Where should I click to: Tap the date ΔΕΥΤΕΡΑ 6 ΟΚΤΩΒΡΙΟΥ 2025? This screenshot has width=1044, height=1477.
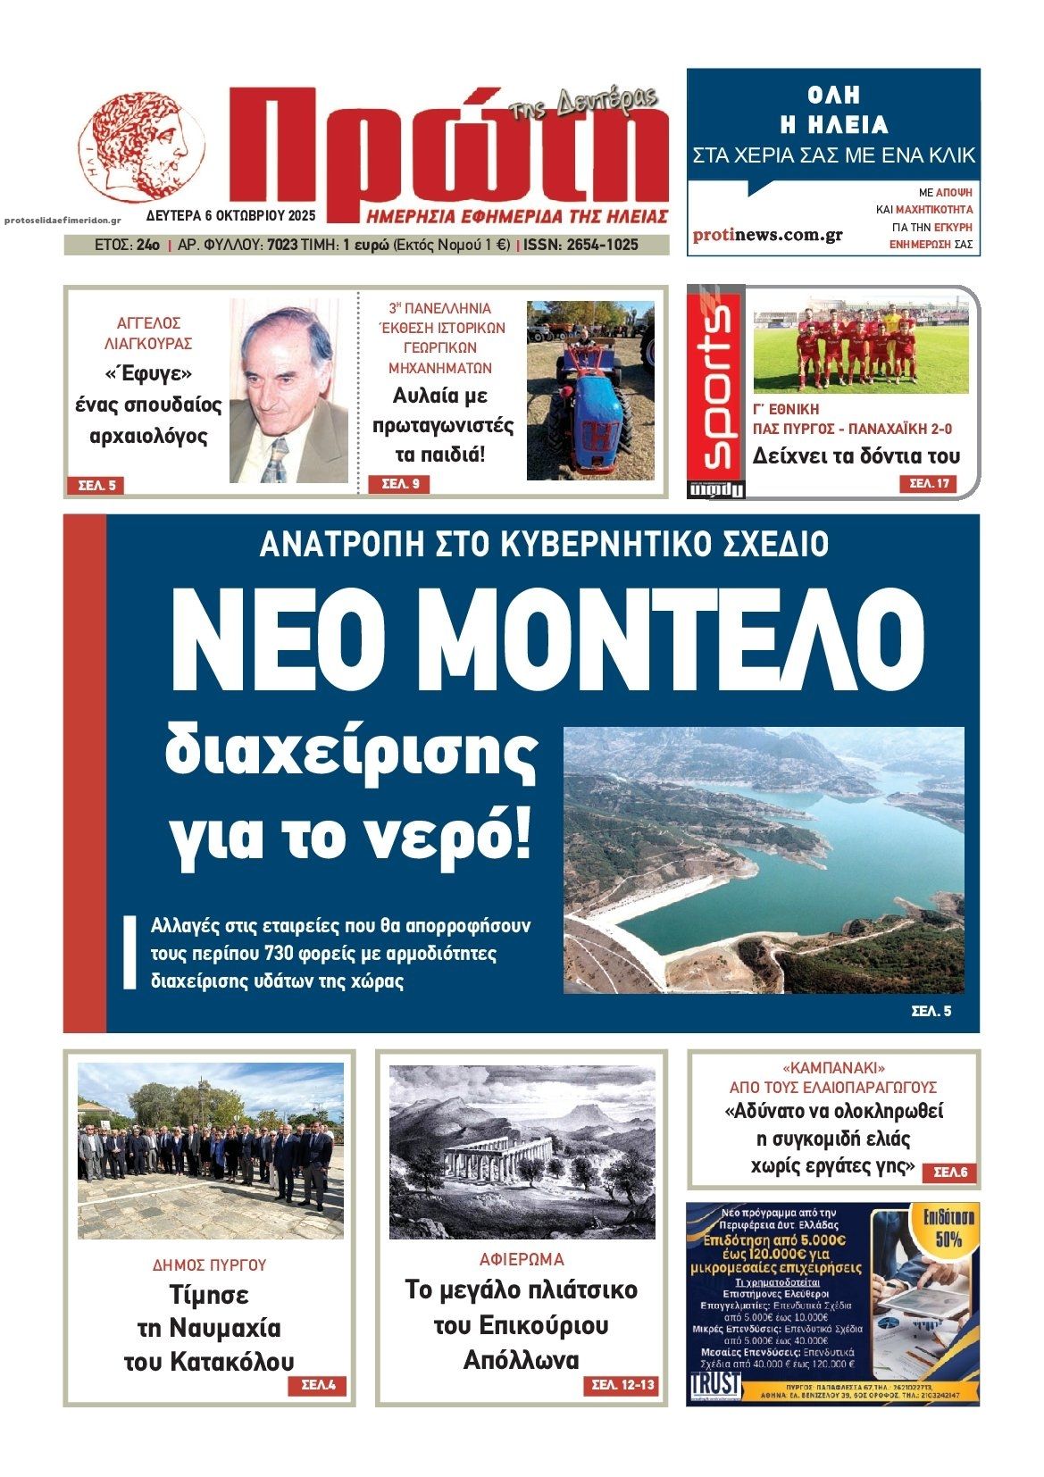231,216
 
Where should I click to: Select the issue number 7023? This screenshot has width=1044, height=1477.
282,245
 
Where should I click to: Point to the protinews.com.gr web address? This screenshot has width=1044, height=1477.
767,235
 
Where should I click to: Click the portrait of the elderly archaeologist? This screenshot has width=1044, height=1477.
288,391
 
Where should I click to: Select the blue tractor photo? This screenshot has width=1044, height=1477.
589,390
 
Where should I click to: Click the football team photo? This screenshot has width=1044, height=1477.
860,346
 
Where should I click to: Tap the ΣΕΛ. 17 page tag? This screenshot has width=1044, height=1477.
928,484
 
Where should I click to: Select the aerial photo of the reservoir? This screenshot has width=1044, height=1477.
764,860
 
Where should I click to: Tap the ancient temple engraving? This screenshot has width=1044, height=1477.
522,1152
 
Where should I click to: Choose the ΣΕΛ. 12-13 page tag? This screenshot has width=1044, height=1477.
623,1385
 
